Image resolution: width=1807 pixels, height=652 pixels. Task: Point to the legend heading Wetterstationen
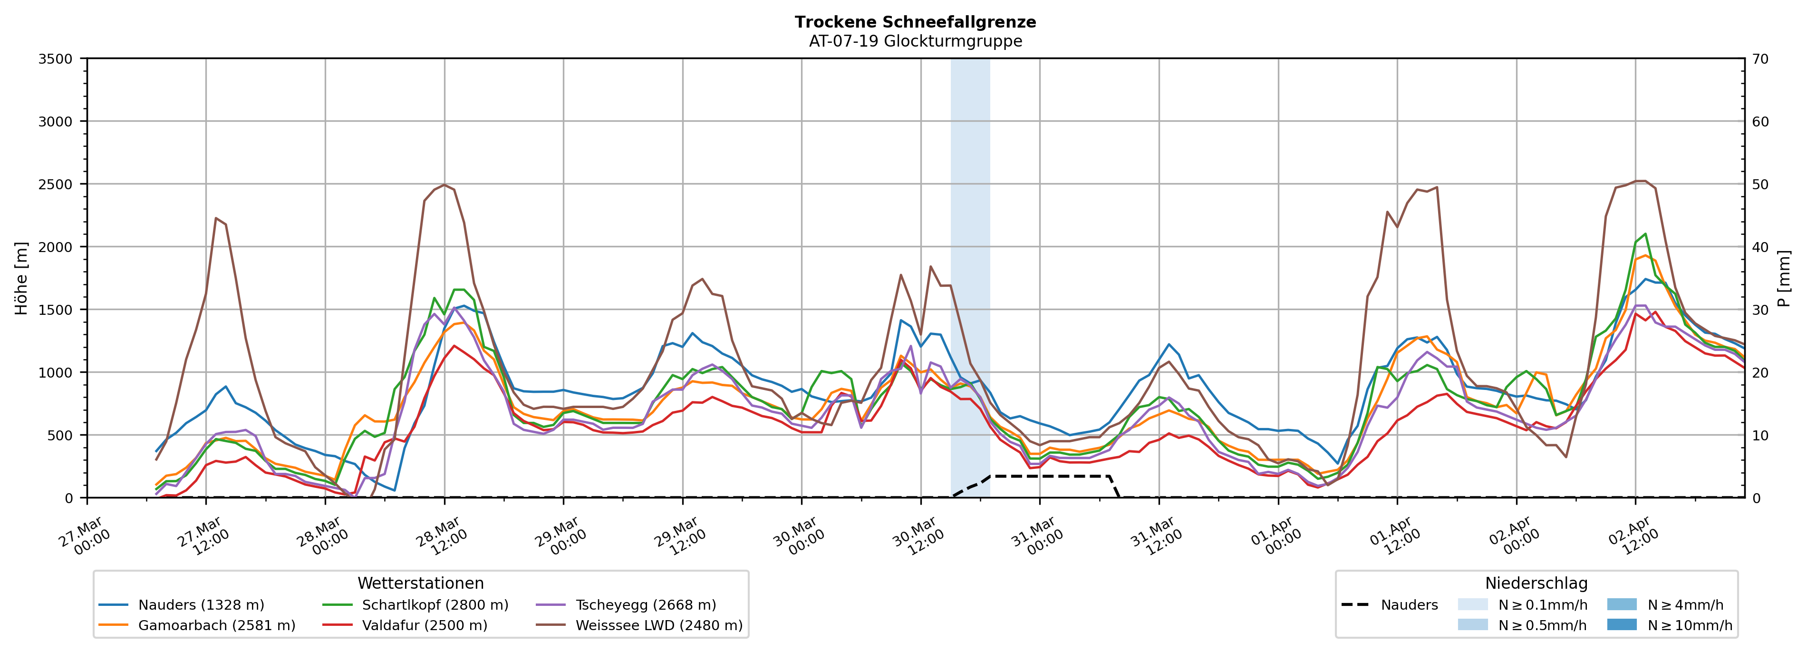(x=420, y=583)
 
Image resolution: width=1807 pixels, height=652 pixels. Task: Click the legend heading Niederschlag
(x=1536, y=583)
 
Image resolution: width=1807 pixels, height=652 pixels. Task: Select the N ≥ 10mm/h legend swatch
(x=1621, y=624)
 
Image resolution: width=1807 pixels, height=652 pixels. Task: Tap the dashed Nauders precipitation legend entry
(x=1389, y=605)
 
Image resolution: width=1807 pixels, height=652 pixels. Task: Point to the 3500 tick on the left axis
(x=56, y=59)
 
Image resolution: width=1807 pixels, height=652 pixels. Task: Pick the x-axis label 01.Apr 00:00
(x=1276, y=537)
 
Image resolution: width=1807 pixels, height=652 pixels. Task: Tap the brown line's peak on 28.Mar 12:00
(x=444, y=185)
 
